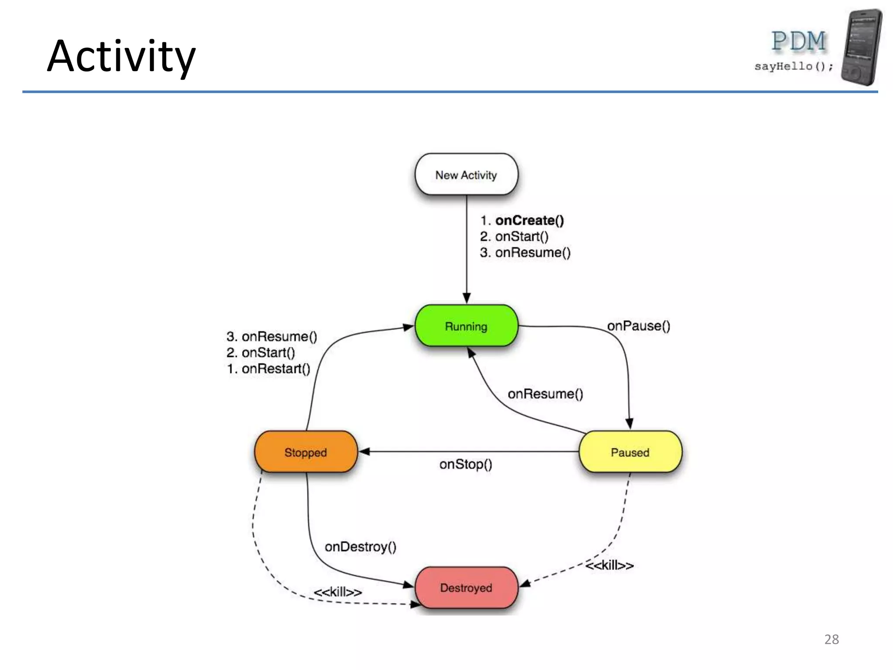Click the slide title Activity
[x=121, y=57]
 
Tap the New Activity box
[x=466, y=175]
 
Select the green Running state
[x=466, y=326]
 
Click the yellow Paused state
[x=630, y=452]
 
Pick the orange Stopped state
[x=306, y=452]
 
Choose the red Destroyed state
[x=466, y=588]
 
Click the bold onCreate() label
[x=529, y=220]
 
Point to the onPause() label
[x=638, y=326]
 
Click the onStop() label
[x=466, y=464]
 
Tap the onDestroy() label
[x=361, y=547]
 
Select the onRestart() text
[x=276, y=369]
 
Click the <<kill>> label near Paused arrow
[x=609, y=565]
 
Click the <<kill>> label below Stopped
[x=338, y=592]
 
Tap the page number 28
[x=832, y=639]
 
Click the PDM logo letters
[x=799, y=41]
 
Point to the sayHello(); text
[x=794, y=66]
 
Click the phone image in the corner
[x=862, y=47]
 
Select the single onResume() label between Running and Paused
[x=545, y=394]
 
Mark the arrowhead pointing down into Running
[x=467, y=298]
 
